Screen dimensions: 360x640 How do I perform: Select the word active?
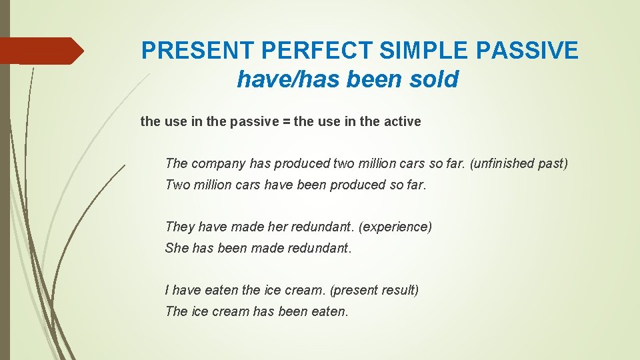click(x=401, y=121)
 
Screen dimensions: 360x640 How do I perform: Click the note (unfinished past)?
click(x=519, y=163)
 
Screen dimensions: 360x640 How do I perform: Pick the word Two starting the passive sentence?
click(x=177, y=185)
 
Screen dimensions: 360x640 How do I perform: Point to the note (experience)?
click(x=395, y=227)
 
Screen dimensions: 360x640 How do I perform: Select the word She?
click(x=177, y=248)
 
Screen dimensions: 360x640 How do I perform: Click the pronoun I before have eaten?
click(x=167, y=290)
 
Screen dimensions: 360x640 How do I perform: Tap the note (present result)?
click(x=374, y=290)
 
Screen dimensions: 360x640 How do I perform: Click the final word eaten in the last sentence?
click(x=329, y=311)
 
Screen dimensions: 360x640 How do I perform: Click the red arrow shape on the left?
click(x=41, y=51)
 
